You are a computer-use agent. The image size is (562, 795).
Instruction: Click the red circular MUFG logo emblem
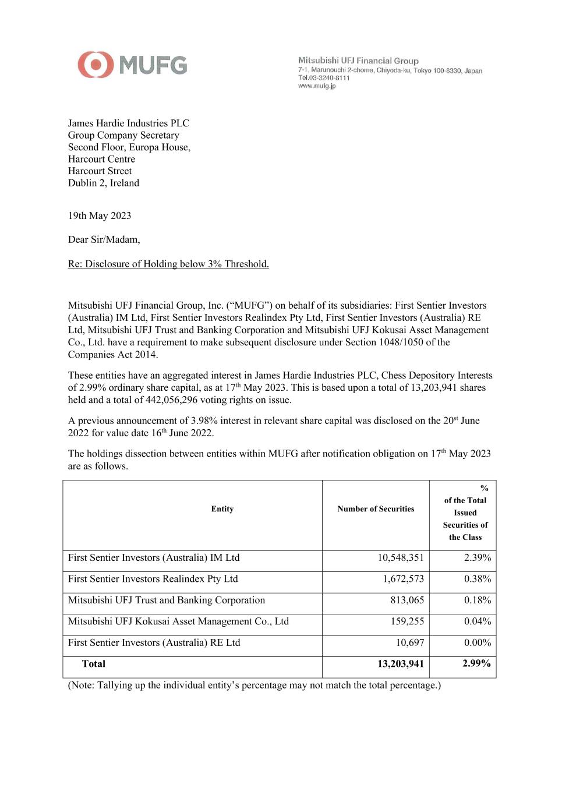pos(96,65)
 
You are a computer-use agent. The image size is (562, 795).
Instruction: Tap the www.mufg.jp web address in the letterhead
pos(317,86)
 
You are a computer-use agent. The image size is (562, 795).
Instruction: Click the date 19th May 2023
pos(100,215)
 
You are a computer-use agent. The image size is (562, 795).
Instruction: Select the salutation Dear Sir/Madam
pos(104,239)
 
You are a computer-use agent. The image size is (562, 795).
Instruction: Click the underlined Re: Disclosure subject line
pos(168,264)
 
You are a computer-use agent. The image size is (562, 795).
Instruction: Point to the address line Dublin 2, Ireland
pos(104,183)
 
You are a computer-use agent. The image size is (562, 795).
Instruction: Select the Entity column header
pos(222,509)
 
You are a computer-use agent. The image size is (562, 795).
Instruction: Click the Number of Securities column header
pos(376,509)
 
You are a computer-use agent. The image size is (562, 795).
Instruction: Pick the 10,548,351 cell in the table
pos(401,558)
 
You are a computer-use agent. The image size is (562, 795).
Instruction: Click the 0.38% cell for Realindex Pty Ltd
pos(478,579)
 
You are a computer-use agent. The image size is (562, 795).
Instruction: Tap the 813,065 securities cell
pos(407,600)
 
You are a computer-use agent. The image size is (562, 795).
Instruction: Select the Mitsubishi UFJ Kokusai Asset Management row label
pos(178,621)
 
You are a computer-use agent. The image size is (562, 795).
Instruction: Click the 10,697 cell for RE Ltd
pos(410,643)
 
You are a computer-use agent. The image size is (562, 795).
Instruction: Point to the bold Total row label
pos(94,664)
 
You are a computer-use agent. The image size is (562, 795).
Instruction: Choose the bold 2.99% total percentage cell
pos(476,664)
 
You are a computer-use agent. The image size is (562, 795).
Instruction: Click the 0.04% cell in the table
pos(478,621)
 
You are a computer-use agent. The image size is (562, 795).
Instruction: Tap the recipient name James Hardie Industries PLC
pos(129,123)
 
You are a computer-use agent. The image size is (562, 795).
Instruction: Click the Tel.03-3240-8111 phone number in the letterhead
pos(324,78)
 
